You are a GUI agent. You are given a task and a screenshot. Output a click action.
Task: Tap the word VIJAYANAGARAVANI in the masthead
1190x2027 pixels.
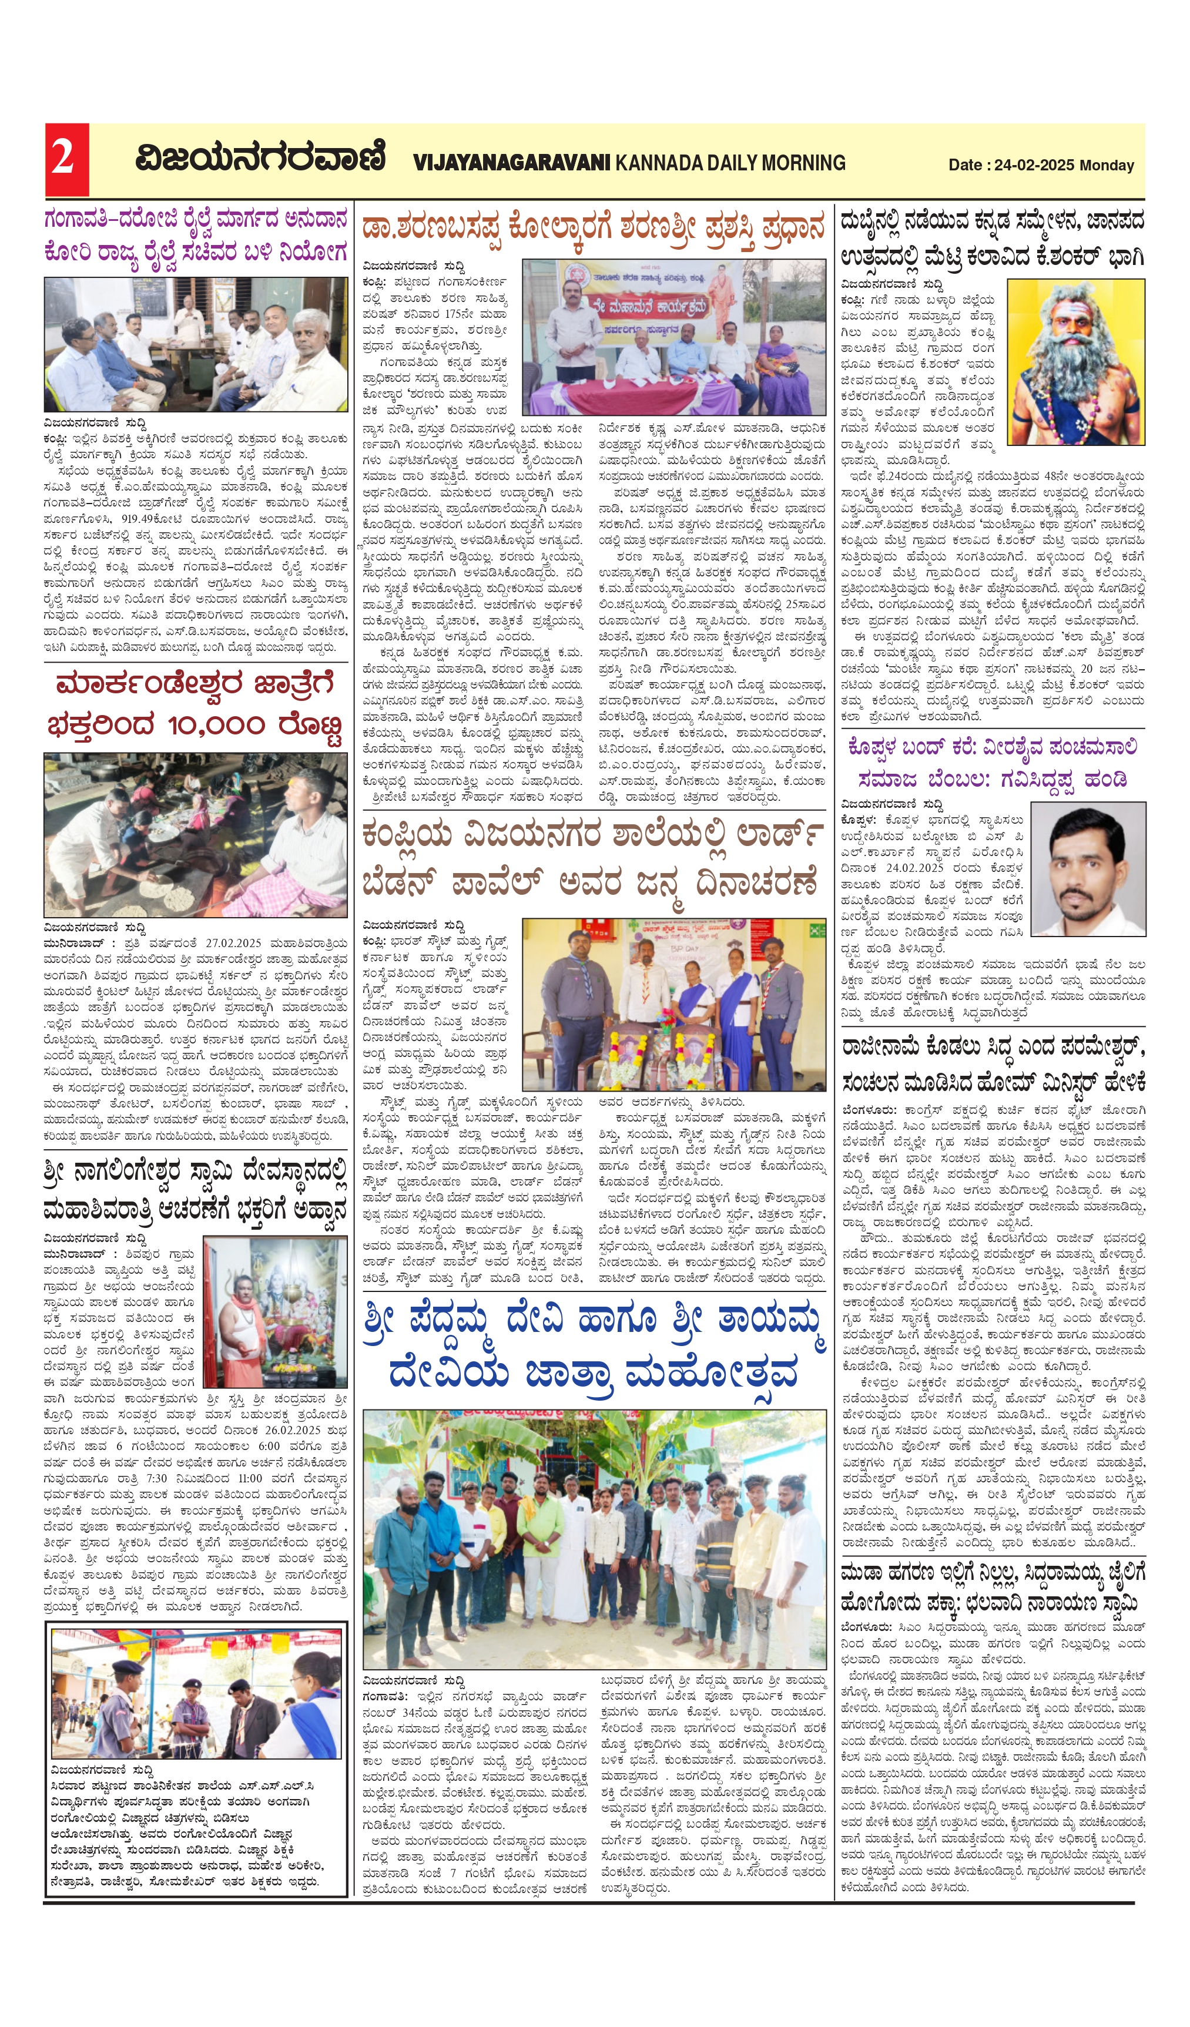pos(512,163)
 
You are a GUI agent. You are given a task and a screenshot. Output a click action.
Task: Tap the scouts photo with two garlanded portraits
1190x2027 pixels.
pos(673,1005)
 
